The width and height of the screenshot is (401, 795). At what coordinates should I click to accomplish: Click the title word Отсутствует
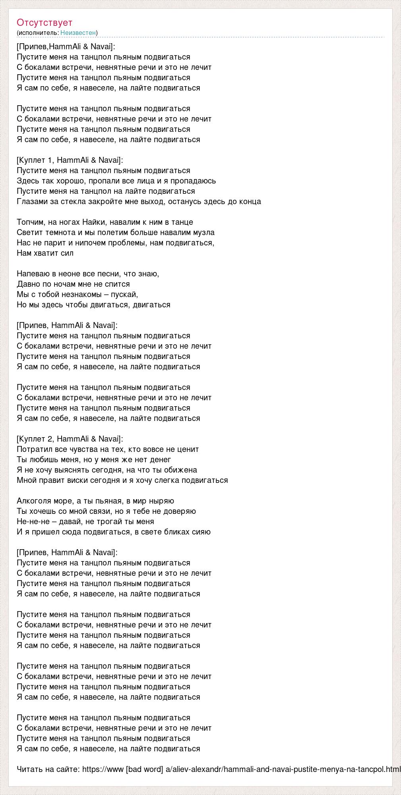pos(45,23)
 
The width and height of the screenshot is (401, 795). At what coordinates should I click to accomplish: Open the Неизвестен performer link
pos(78,33)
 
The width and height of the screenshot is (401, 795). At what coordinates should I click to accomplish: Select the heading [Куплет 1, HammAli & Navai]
pos(70,160)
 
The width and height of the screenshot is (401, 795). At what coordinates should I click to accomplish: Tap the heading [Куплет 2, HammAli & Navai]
pos(70,439)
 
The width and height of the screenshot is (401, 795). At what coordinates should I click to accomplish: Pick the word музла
pos(204,232)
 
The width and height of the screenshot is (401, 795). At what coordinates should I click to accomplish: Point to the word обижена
pos(182,470)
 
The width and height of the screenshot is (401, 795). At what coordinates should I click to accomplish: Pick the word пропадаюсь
pos(194,181)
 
